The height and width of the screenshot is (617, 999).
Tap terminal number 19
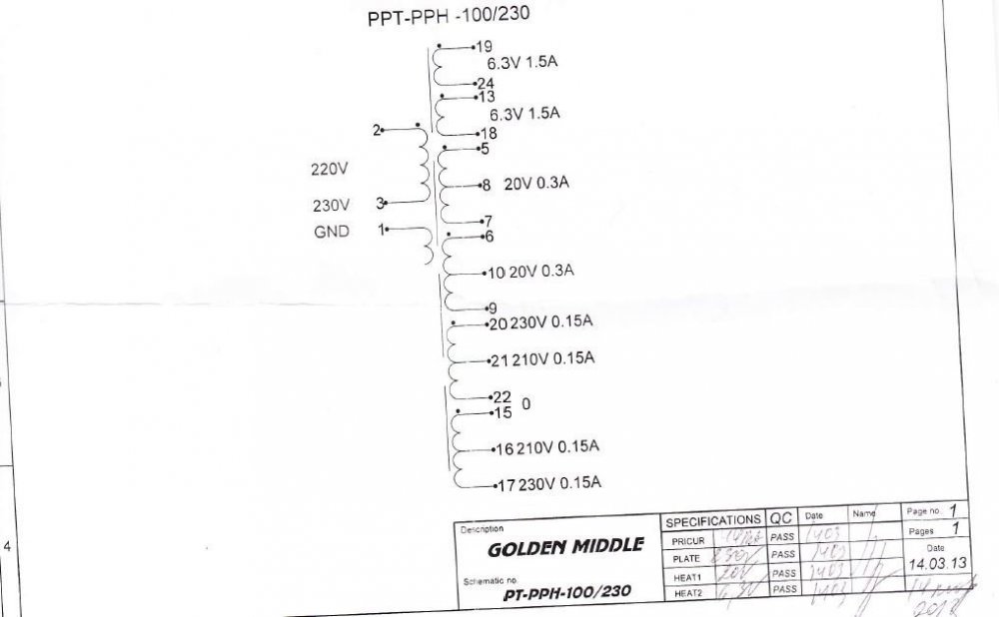tap(484, 46)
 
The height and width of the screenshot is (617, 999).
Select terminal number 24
tap(486, 83)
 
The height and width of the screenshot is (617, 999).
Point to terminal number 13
tap(487, 97)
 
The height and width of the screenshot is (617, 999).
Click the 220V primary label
tap(330, 170)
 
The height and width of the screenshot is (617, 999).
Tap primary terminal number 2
tap(377, 130)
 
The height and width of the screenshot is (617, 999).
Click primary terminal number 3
tap(380, 203)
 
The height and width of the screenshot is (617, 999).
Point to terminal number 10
tap(496, 272)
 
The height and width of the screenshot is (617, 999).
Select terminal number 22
tap(501, 396)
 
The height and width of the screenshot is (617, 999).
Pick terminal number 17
tap(505, 486)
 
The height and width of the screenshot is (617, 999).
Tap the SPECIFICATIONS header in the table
tap(713, 521)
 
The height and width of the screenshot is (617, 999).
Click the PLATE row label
tap(686, 558)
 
